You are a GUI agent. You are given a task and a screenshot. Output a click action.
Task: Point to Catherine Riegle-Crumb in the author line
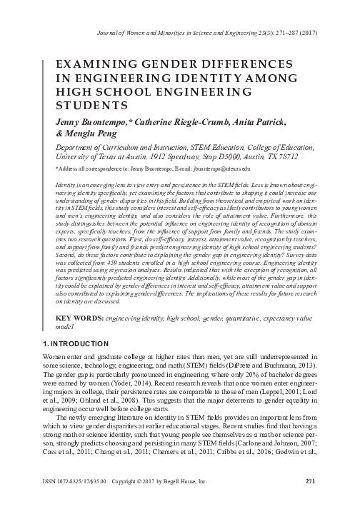pos(179,122)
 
